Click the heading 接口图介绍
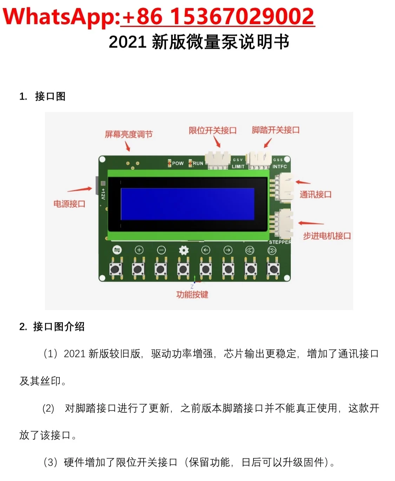point(59,327)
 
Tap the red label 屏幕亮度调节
point(129,134)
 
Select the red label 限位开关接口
point(213,130)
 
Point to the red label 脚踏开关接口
point(276,130)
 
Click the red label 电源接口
point(70,204)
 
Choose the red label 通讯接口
point(316,194)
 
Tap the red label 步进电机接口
point(327,236)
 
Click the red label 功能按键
point(192,294)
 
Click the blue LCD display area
point(187,204)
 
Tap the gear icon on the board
point(184,250)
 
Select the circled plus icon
point(139,250)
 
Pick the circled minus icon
point(161,250)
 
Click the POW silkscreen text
point(178,163)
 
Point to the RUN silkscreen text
point(198,163)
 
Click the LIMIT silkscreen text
point(238,167)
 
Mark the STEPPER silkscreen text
point(280,242)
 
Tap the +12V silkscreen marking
point(103,194)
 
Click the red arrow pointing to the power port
point(80,189)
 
